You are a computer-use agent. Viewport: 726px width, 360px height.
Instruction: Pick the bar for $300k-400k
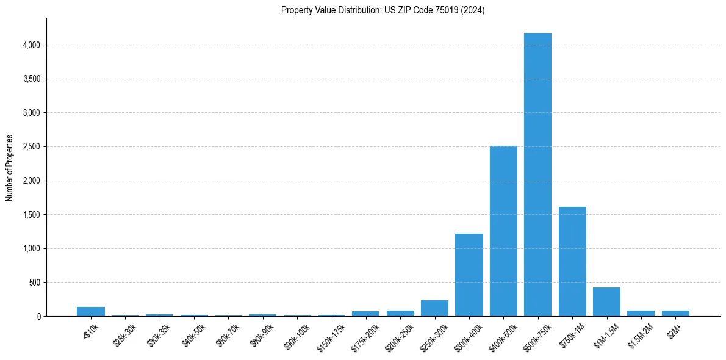[469, 275]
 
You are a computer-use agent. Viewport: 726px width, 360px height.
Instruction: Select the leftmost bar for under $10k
[91, 311]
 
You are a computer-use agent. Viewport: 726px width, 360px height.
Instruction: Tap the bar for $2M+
[675, 313]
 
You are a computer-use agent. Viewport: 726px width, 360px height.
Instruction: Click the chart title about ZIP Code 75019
[383, 10]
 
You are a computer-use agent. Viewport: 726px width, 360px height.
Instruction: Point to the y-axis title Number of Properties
[10, 168]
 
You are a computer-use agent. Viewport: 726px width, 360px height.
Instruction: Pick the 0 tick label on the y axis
[38, 317]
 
